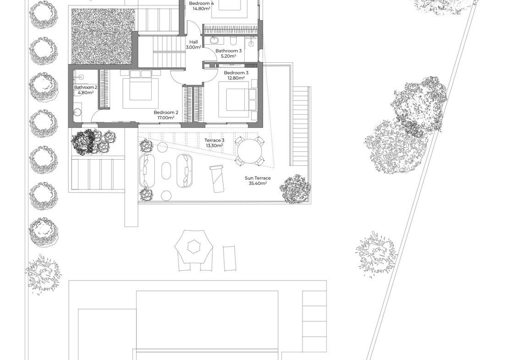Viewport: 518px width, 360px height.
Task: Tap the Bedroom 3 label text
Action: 236,73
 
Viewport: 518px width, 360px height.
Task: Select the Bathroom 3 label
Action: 228,51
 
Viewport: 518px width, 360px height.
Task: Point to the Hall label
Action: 193,42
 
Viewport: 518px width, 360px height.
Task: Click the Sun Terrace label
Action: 258,178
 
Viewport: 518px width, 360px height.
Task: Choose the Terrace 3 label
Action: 215,140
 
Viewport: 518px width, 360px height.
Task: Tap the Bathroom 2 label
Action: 86,87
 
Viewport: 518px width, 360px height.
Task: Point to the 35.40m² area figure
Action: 258,183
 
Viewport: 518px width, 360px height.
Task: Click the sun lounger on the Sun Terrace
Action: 217,178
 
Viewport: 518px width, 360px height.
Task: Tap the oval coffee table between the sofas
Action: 166,171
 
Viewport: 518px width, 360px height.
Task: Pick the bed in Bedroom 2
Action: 140,89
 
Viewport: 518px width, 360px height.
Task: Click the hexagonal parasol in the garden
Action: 193,246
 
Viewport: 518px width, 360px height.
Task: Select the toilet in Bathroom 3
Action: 233,41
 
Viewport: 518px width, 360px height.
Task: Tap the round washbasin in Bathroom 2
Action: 77,112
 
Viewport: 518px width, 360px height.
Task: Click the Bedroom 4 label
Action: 201,3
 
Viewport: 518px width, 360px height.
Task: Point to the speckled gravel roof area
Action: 103,36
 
